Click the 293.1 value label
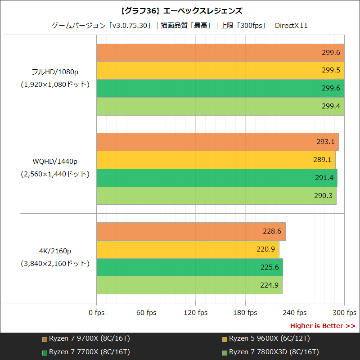coord(325,142)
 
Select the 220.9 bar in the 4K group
coord(188,249)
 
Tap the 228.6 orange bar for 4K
coord(191,231)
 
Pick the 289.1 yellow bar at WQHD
coord(216,160)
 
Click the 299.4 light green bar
coord(220,106)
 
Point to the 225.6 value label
coord(270,267)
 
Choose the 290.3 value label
coord(324,196)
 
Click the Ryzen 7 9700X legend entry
coord(85,338)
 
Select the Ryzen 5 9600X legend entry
coord(266,338)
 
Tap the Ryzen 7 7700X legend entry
coord(85,351)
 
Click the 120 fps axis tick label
coord(196,313)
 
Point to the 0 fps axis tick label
coord(97,313)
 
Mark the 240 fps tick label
coord(295,313)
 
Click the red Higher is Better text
coord(322,326)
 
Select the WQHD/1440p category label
coord(55,161)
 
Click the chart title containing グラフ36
coord(180,10)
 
